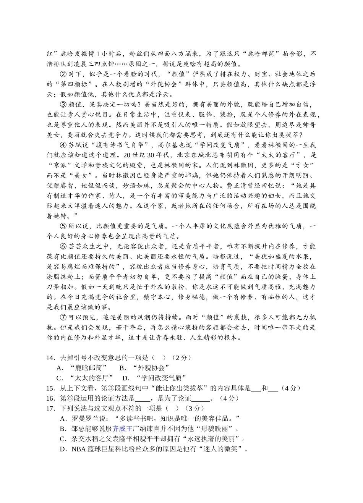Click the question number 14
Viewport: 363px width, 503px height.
tap(51, 358)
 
